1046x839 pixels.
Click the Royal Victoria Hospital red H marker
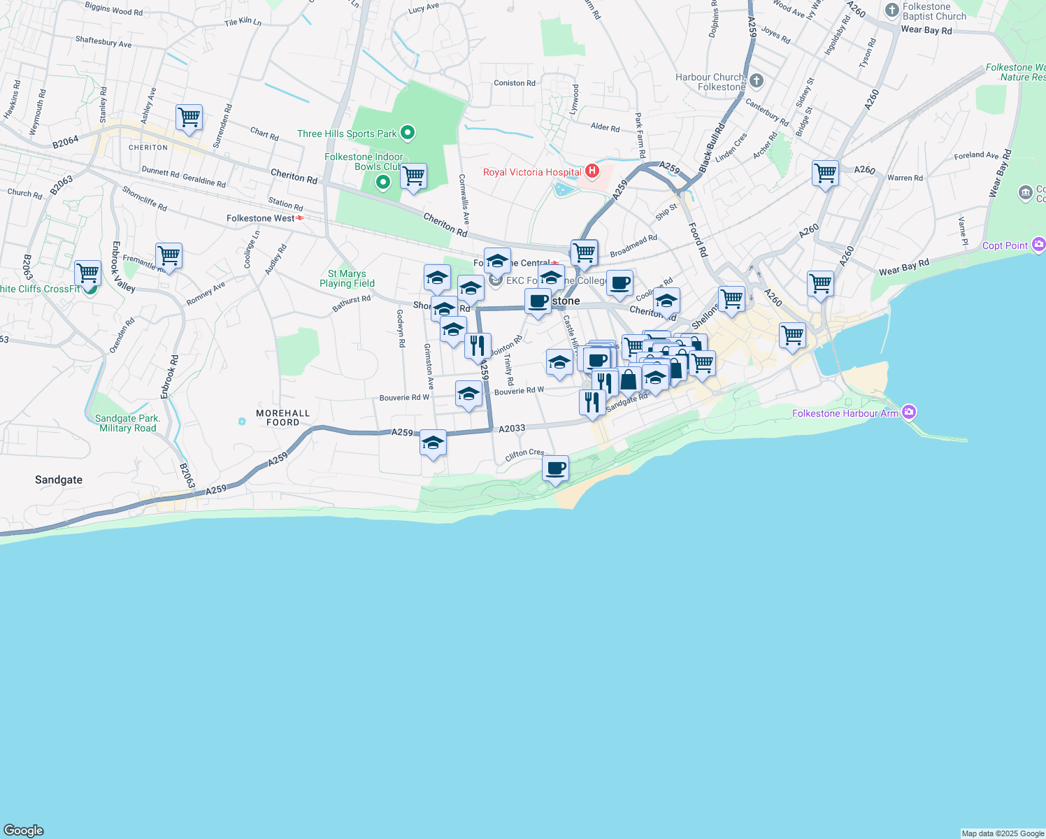592,171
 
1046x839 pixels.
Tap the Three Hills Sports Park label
347,134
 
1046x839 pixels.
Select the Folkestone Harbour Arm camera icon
909,413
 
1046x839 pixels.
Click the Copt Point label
1005,245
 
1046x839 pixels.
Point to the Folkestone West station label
260,218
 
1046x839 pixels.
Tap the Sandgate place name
59,480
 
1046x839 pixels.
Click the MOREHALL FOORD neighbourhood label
282,417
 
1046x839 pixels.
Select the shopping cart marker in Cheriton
189,117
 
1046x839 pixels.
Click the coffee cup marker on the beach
555,468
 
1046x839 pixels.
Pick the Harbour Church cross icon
757,81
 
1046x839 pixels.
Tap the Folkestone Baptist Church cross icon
891,10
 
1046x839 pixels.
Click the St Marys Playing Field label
347,278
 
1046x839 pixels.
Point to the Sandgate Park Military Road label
128,423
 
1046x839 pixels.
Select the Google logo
24,831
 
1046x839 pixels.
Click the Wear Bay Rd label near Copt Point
903,267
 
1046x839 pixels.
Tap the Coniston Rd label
514,83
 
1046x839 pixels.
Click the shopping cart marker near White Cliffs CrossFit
87,273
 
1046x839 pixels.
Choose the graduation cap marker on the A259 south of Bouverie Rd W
433,443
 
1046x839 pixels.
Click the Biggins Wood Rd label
113,9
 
